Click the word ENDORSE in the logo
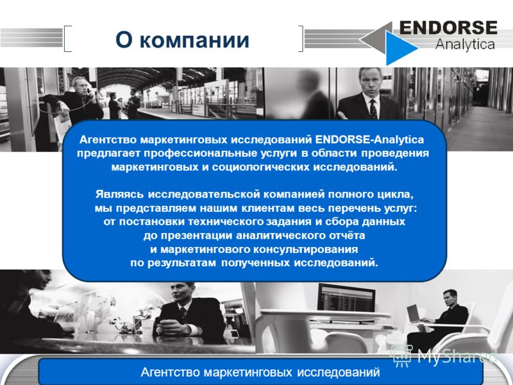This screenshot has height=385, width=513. tap(448, 28)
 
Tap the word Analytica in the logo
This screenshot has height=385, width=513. tap(465, 44)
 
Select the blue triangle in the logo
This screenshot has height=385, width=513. tap(400, 48)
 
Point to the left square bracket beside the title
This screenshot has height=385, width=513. tap(67, 38)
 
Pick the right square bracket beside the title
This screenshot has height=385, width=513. tap(301, 38)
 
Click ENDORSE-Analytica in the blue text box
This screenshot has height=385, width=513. tap(369, 140)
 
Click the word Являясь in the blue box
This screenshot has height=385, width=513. tap(119, 194)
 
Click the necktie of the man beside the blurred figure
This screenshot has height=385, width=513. tap(373, 108)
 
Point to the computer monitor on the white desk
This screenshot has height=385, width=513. tap(346, 298)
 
